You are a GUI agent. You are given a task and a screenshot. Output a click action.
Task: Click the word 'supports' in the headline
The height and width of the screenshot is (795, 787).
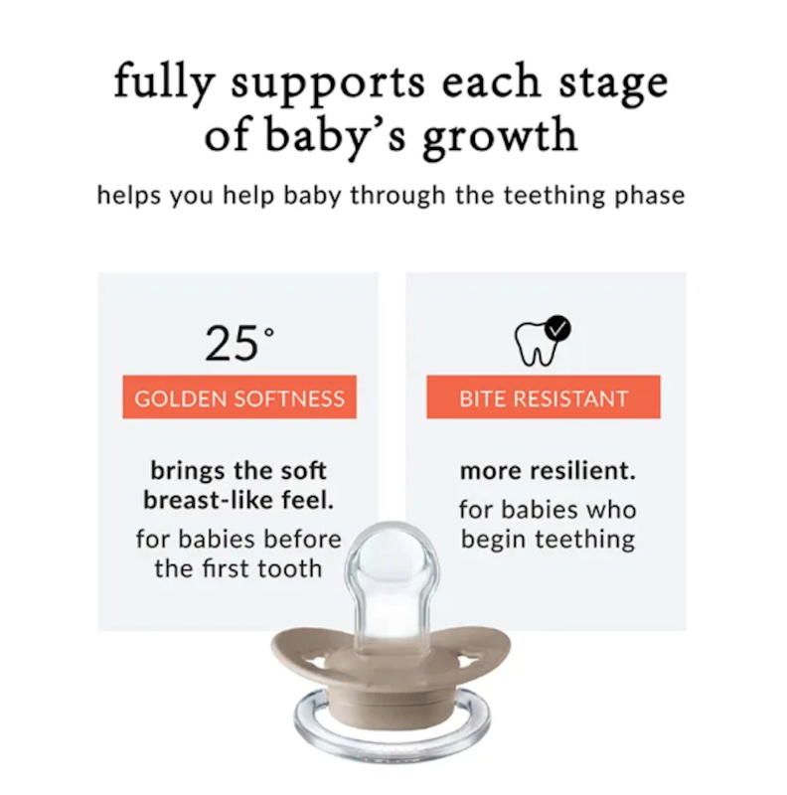tap(328, 84)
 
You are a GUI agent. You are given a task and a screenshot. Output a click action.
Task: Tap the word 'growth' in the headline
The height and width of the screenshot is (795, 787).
tap(500, 136)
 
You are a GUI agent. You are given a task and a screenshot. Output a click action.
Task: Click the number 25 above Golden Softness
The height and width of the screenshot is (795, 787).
tap(232, 344)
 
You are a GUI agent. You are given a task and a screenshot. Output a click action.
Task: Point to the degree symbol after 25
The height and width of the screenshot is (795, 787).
tap(269, 333)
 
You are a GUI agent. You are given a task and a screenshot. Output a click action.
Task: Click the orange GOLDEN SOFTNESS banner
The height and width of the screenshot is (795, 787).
tap(239, 397)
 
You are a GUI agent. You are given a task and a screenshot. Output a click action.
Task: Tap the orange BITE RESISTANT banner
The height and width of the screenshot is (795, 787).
tap(544, 397)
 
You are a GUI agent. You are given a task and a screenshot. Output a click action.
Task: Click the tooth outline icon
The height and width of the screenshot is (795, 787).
tap(537, 344)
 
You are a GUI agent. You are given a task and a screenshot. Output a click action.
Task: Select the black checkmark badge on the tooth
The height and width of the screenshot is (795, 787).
tap(557, 329)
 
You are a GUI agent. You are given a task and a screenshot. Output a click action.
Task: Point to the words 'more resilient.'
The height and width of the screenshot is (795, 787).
tap(548, 471)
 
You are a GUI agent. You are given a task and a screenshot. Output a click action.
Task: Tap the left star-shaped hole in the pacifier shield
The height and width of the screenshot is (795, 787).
tap(317, 661)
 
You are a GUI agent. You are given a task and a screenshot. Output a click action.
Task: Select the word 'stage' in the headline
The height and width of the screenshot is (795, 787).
tap(613, 85)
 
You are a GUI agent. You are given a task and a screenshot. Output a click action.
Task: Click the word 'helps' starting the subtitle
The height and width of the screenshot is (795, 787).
tap(129, 195)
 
